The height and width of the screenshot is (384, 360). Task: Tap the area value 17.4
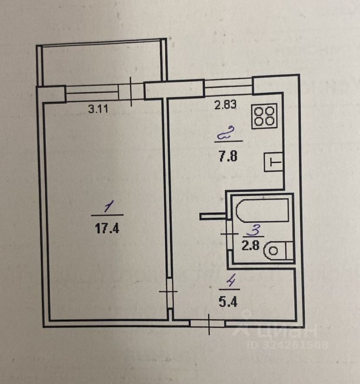(107, 228)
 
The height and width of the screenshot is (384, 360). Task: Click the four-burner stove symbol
(265, 116)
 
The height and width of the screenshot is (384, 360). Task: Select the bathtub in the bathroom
(262, 211)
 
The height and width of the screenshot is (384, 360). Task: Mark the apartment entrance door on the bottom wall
(208, 323)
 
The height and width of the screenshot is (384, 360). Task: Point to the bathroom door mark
(228, 234)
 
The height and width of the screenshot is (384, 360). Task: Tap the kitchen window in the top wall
(228, 85)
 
